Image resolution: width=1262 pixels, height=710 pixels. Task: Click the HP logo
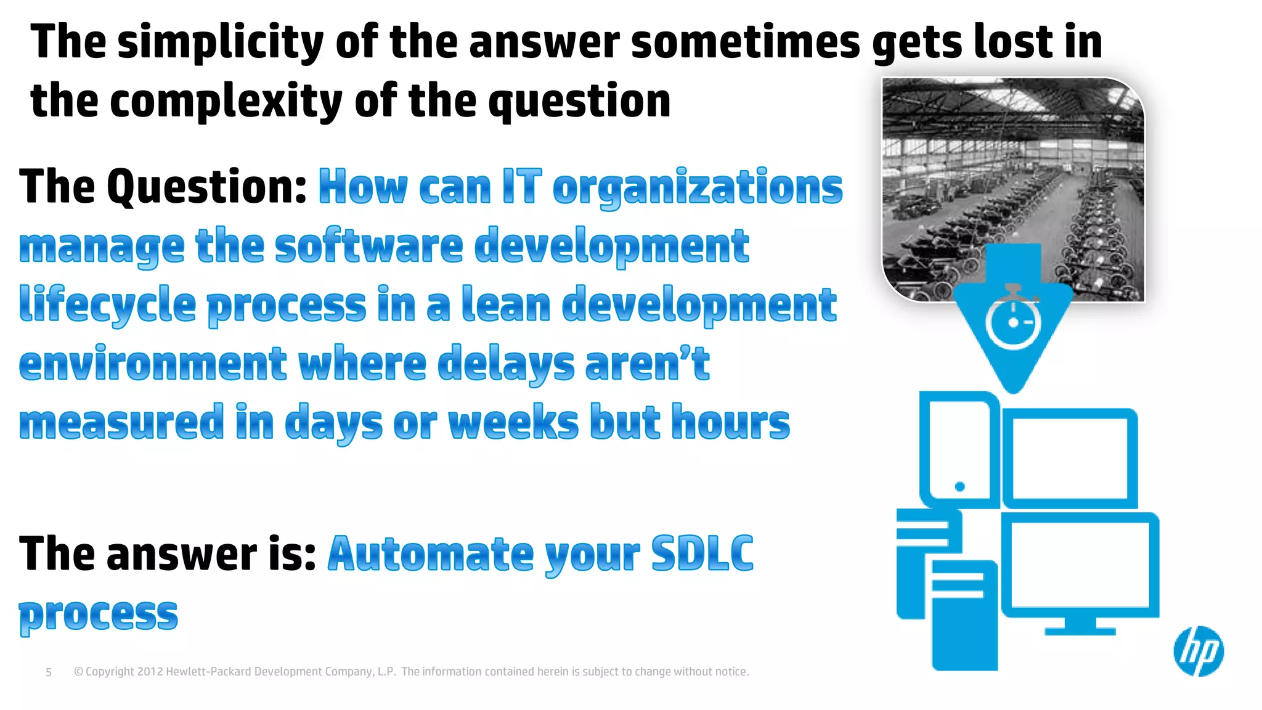(1198, 651)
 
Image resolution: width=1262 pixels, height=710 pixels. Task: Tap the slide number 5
(49, 672)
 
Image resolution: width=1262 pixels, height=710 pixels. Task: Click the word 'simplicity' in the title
(220, 42)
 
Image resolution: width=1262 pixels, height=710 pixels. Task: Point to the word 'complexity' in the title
(226, 101)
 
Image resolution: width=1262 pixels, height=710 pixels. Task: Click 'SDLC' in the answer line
(702, 553)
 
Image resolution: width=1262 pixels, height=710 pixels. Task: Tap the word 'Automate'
(431, 553)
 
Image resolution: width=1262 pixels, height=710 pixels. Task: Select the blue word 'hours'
(730, 423)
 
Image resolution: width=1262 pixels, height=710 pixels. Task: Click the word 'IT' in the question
(521, 187)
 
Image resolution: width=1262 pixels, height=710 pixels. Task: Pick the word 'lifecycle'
(107, 305)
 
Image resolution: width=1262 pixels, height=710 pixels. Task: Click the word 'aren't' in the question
(647, 364)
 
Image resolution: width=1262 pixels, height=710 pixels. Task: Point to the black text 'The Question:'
(163, 187)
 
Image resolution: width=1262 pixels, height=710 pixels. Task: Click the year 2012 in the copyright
(150, 672)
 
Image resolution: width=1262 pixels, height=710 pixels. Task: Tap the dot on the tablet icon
(959, 487)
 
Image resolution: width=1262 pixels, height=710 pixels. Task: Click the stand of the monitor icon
(1080, 627)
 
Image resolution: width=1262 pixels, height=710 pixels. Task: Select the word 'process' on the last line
(99, 614)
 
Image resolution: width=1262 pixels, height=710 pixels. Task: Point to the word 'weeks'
(513, 423)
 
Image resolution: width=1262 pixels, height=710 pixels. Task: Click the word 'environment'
(153, 364)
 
